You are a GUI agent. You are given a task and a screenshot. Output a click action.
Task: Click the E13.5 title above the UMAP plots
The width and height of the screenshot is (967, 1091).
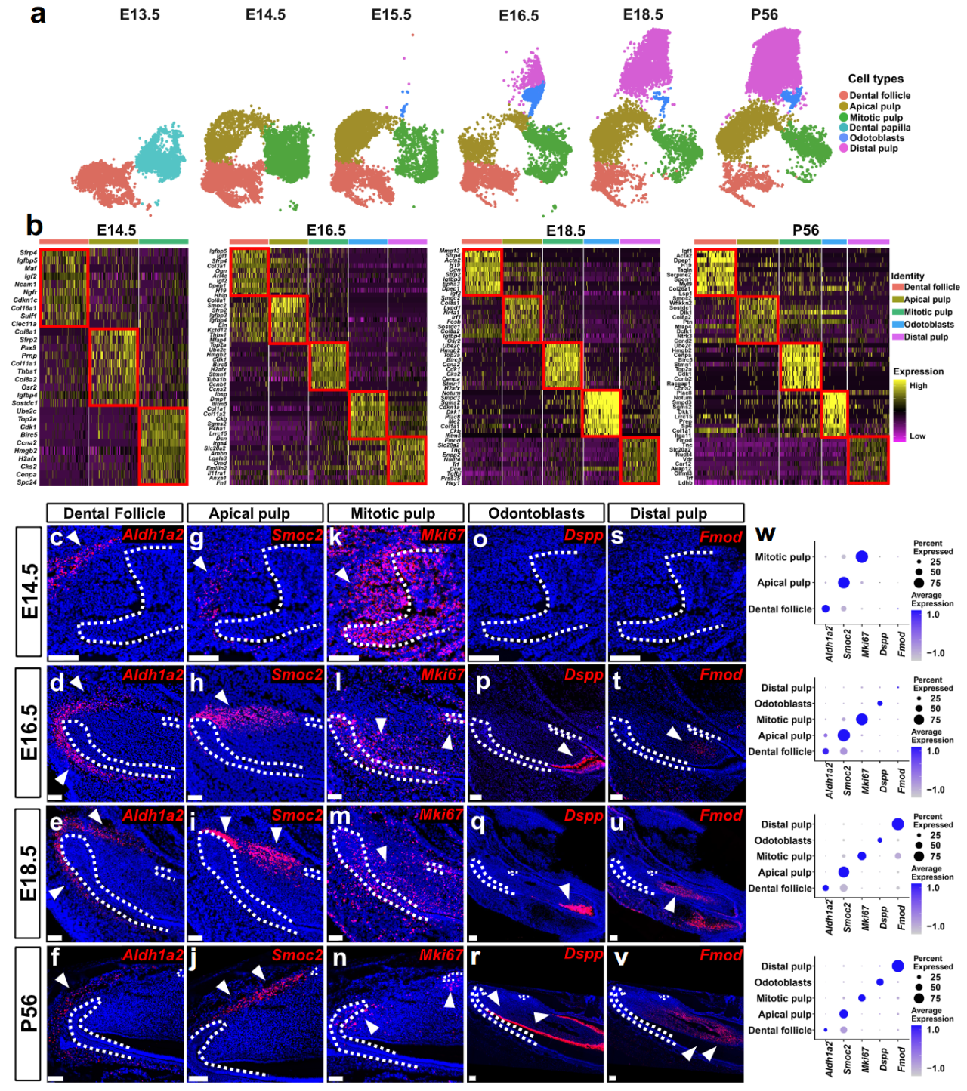[140, 14]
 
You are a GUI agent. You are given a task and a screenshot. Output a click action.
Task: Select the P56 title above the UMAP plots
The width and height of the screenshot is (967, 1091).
[764, 14]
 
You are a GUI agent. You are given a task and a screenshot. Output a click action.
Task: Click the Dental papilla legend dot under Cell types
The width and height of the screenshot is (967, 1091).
[843, 128]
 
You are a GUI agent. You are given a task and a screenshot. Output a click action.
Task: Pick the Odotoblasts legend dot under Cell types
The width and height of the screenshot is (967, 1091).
[843, 138]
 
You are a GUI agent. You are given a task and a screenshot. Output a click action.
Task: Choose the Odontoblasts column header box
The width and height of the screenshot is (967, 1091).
[536, 513]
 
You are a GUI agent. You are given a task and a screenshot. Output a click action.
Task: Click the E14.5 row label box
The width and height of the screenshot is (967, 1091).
[29, 591]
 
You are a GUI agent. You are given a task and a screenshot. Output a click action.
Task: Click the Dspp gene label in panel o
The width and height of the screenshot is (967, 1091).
[582, 535]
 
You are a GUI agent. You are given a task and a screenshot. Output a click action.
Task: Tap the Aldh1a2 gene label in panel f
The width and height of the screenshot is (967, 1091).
[153, 955]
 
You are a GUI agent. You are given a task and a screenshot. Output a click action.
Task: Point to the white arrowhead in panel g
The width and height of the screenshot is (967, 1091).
[199, 564]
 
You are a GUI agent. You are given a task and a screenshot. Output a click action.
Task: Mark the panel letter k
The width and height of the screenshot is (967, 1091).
[337, 538]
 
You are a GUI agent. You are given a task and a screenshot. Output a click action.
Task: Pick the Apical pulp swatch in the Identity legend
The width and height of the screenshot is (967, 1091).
[897, 300]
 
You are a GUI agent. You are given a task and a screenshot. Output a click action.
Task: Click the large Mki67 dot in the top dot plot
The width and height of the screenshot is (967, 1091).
[862, 557]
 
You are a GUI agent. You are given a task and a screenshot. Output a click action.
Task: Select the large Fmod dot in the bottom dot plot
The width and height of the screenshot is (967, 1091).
[898, 966]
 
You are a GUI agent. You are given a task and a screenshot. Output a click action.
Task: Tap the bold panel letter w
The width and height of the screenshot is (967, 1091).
[765, 534]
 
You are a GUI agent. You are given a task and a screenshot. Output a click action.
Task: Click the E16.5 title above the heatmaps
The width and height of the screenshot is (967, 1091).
[326, 230]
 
